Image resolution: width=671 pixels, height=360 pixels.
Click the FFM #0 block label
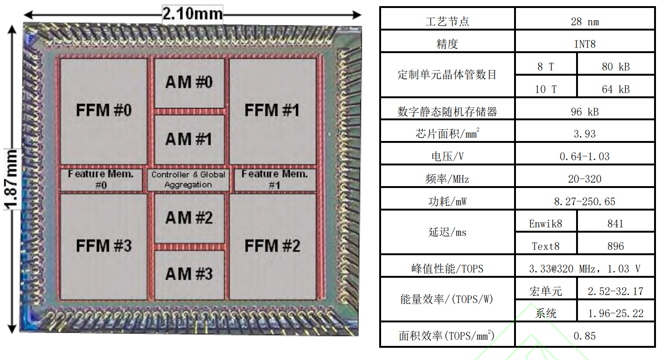click(103, 111)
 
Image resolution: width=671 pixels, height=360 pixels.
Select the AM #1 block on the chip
click(189, 140)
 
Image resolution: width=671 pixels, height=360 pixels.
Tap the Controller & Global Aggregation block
click(188, 180)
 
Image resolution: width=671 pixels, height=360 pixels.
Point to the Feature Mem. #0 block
click(101, 180)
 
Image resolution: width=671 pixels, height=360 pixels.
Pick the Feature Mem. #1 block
click(274, 180)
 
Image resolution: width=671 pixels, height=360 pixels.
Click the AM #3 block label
click(189, 274)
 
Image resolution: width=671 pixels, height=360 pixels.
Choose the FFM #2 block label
click(272, 246)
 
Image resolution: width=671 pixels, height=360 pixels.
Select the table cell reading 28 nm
click(585, 22)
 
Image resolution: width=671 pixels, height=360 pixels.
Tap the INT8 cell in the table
click(585, 44)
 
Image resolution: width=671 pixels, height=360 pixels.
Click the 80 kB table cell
click(616, 67)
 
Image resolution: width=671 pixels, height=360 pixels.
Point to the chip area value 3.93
click(585, 134)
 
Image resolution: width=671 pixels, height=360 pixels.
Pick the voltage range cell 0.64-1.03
click(585, 157)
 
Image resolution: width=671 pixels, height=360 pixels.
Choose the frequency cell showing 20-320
click(585, 179)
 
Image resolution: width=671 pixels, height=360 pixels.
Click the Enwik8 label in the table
click(546, 224)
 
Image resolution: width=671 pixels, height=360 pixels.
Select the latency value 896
click(616, 246)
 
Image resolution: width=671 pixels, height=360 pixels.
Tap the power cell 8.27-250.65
click(585, 202)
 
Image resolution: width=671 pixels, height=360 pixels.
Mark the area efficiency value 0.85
click(585, 336)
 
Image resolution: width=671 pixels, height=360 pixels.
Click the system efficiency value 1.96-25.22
click(616, 313)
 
